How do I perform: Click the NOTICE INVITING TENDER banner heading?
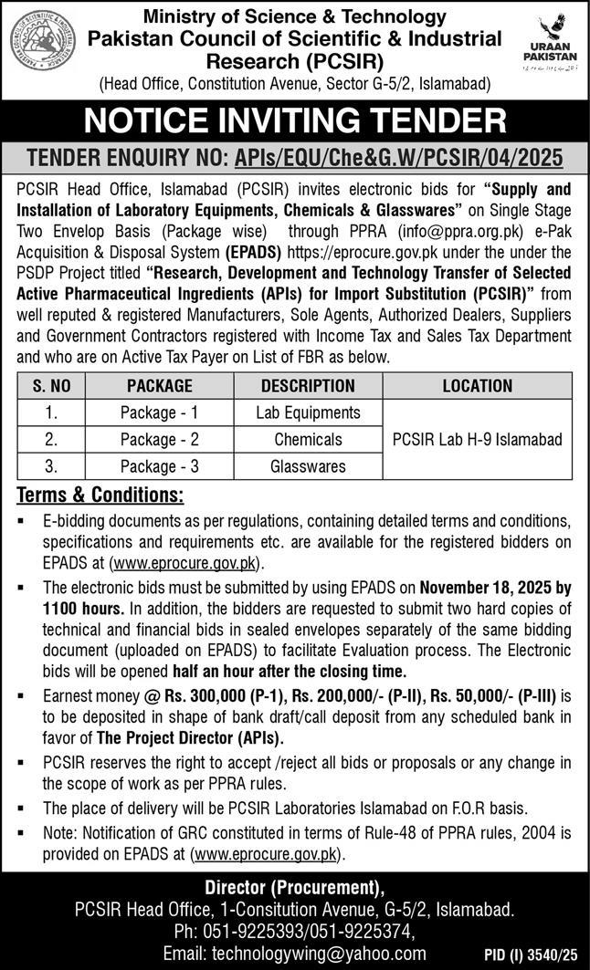[x=295, y=120]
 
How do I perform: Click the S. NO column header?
[x=52, y=385]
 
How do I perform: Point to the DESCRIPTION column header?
[x=308, y=385]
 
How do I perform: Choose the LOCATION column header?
[x=477, y=385]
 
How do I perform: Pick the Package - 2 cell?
[x=160, y=439]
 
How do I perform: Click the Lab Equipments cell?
[x=308, y=412]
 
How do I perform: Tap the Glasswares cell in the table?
[x=308, y=465]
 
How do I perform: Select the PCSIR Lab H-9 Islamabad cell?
[x=477, y=439]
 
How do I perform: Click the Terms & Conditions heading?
[x=100, y=496]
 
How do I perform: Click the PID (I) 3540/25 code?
[x=529, y=954]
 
